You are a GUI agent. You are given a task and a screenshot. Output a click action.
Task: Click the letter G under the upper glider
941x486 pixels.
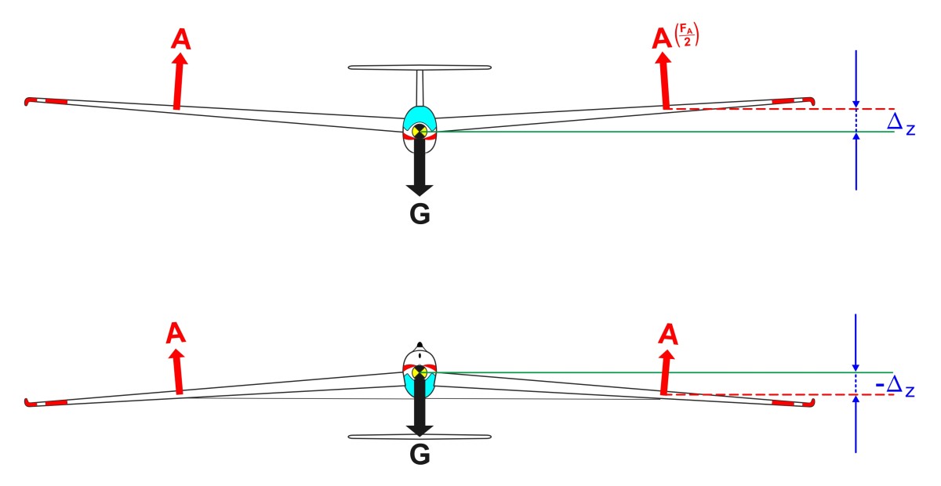pyautogui.click(x=420, y=215)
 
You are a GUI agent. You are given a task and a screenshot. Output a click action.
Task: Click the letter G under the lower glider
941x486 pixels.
pyautogui.click(x=420, y=454)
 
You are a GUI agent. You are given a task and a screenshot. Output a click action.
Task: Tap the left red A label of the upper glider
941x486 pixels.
pyautogui.click(x=180, y=40)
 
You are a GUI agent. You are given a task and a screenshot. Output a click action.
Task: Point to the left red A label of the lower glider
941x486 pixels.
pyautogui.click(x=176, y=334)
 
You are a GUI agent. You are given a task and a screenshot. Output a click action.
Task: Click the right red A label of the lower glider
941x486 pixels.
pyautogui.click(x=668, y=335)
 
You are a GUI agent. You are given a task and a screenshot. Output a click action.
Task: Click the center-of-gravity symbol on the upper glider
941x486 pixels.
pyautogui.click(x=420, y=130)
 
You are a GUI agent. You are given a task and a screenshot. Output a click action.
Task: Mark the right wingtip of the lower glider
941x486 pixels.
pyautogui.click(x=808, y=404)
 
